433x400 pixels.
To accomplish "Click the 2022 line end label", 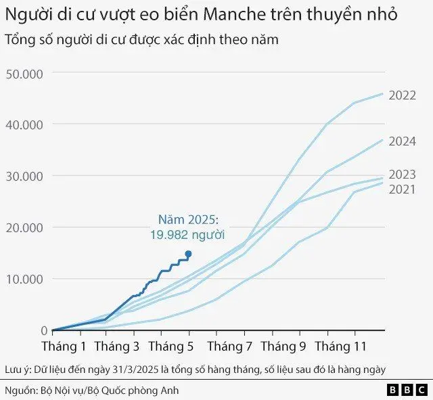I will pyautogui.click(x=402, y=95).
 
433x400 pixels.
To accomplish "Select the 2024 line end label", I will pyautogui.click(x=402, y=142).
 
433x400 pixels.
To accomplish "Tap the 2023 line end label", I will pyautogui.click(x=402, y=175).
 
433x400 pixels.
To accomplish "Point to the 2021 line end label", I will pyautogui.click(x=402, y=189).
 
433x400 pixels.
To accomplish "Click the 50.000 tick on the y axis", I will pyautogui.click(x=24, y=73).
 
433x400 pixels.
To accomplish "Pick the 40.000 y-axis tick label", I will pyautogui.click(x=24, y=125).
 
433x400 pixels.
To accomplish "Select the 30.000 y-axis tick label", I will pyautogui.click(x=24, y=176).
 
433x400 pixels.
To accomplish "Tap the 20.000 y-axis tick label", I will pyautogui.click(x=24, y=227).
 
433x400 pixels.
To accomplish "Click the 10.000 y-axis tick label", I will pyautogui.click(x=24, y=279).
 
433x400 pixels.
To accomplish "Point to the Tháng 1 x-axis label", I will pyautogui.click(x=64, y=347).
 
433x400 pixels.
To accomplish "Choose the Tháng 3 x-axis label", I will pyautogui.click(x=116, y=347).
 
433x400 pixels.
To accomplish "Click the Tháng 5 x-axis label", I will pyautogui.click(x=171, y=347).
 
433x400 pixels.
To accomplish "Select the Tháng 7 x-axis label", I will pyautogui.click(x=229, y=347).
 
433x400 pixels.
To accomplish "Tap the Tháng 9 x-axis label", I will pyautogui.click(x=283, y=347).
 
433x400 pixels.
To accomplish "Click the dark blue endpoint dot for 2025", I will pyautogui.click(x=188, y=254).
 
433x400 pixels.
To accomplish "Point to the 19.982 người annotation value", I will pyautogui.click(x=187, y=234).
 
